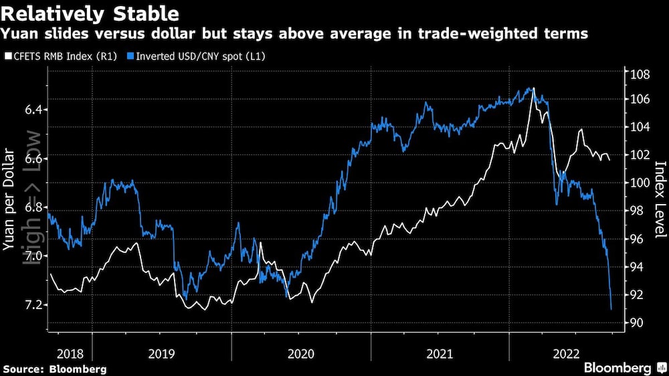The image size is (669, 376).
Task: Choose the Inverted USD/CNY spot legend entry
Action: pyautogui.click(x=201, y=56)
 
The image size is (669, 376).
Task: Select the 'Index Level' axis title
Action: pyautogui.click(x=660, y=200)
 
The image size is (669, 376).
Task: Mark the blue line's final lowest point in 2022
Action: pyautogui.click(x=611, y=309)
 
